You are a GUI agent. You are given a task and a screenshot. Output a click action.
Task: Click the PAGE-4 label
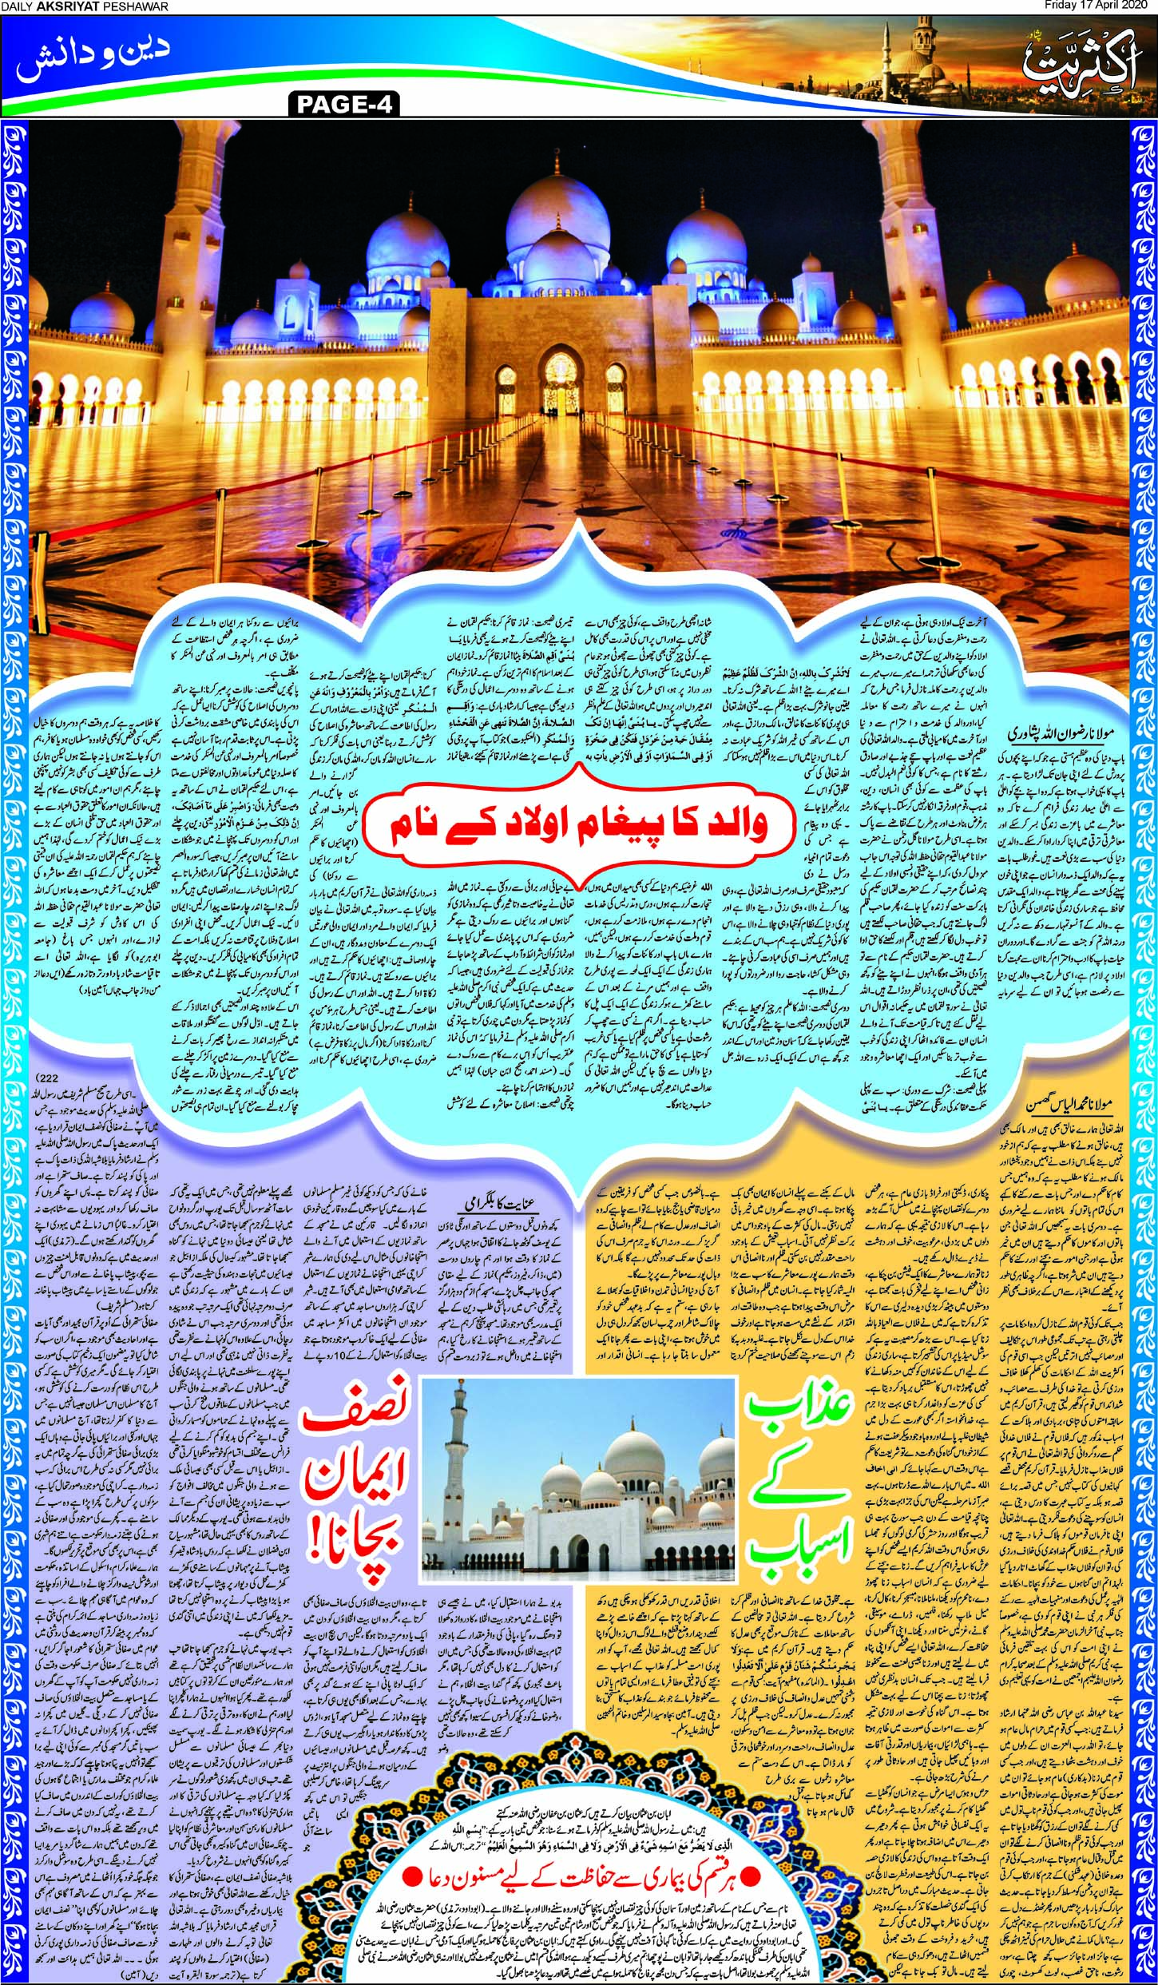click(x=345, y=105)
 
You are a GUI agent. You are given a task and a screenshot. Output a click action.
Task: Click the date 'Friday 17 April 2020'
click(x=1100, y=6)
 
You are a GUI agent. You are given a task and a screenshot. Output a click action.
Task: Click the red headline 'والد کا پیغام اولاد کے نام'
click(x=579, y=824)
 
